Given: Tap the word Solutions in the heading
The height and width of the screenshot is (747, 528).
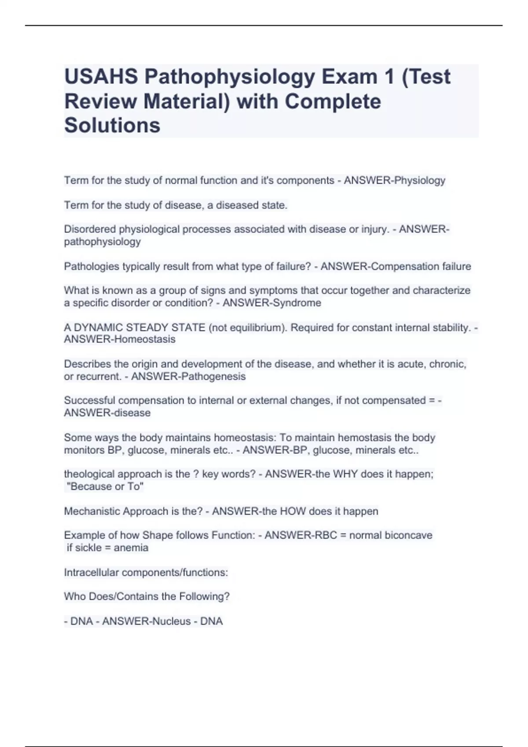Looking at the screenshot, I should [112, 125].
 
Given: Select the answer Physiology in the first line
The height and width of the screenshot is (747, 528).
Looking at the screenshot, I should [420, 180].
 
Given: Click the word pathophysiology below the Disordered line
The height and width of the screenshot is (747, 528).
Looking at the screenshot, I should [102, 242].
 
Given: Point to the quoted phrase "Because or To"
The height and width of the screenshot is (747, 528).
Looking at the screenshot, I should [105, 486].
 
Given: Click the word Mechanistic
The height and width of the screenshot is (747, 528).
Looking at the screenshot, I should [92, 511].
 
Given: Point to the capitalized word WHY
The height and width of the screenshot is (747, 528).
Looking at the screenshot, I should [345, 474].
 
